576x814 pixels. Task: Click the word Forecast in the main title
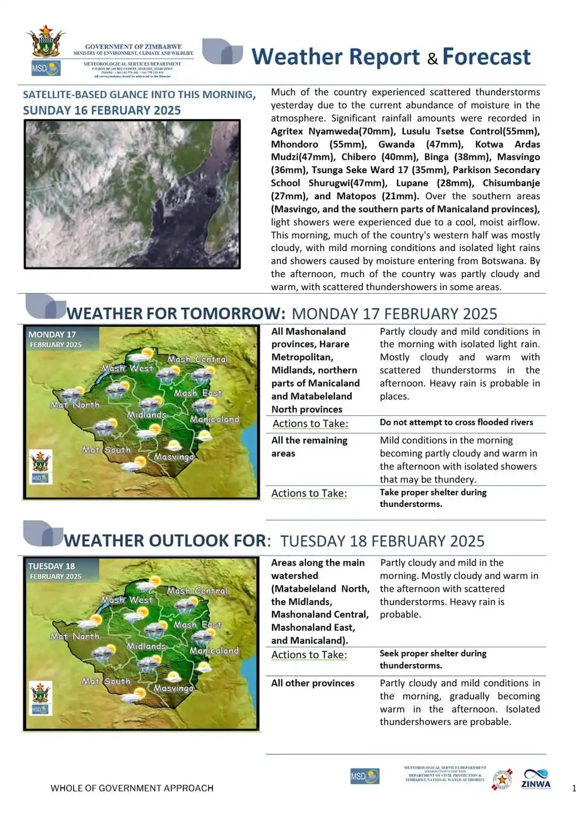(486, 57)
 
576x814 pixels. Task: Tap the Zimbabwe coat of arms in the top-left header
(45, 42)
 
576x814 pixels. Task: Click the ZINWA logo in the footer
(535, 779)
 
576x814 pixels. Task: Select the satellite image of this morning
(132, 194)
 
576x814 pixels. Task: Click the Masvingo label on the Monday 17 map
(174, 457)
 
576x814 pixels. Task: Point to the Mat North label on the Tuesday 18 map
(75, 636)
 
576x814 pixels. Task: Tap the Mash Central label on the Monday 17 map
(197, 359)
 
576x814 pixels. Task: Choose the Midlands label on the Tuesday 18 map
(147, 646)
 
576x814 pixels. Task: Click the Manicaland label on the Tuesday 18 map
(214, 651)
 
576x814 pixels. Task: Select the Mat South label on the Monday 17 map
(106, 450)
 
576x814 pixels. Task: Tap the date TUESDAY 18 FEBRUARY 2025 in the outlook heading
(382, 541)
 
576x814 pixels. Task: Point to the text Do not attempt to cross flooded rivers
(456, 422)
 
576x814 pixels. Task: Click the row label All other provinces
(313, 683)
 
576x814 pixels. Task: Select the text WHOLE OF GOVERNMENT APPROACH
(132, 788)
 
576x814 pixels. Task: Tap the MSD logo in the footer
(365, 776)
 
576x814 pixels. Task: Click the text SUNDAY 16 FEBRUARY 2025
(102, 110)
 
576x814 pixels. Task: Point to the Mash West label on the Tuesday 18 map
(127, 600)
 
